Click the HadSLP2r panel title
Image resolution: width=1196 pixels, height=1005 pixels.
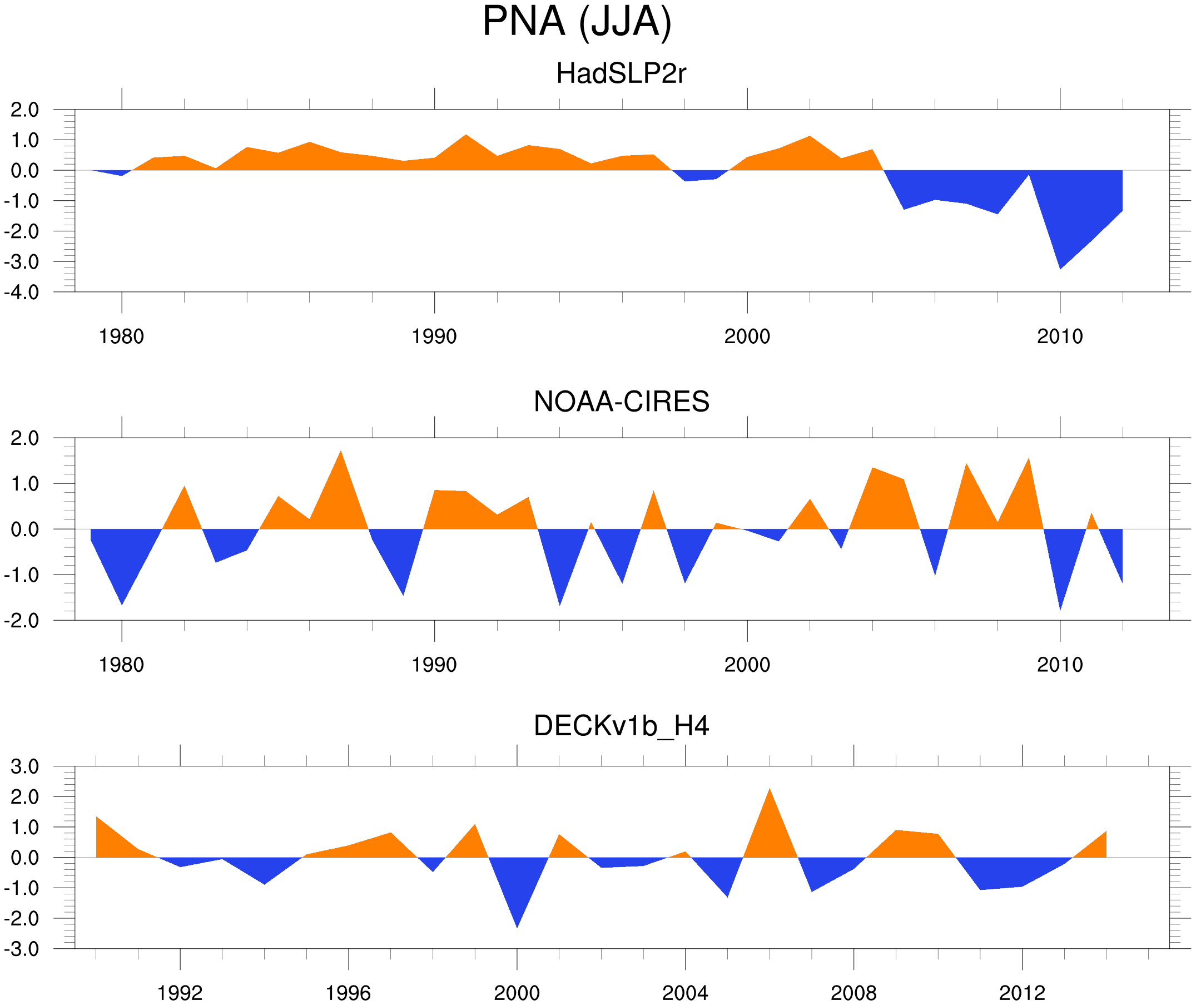click(621, 74)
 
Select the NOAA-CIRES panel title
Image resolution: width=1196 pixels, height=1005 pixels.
click(621, 402)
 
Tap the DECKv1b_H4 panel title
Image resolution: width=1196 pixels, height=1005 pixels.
click(621, 726)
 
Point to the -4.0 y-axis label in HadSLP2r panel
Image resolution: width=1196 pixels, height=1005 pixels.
click(22, 293)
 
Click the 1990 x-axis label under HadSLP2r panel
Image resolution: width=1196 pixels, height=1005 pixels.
click(434, 336)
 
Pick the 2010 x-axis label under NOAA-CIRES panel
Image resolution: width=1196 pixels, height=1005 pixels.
click(1059, 665)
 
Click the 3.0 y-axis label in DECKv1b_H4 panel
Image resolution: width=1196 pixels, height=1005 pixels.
click(25, 767)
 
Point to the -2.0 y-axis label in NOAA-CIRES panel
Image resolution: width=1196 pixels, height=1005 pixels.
click(22, 621)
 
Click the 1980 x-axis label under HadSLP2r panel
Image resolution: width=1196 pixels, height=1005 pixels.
click(121, 336)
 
